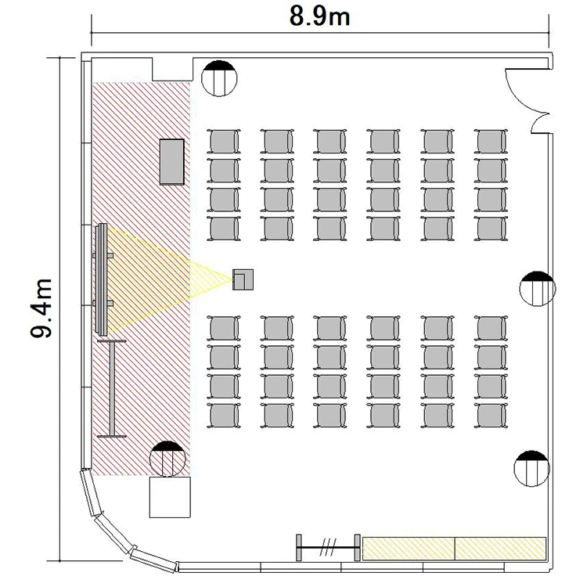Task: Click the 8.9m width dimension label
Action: pos(319,17)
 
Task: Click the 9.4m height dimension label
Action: pos(41,308)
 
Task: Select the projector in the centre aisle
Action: pos(243,279)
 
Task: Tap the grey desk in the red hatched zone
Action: pos(172,162)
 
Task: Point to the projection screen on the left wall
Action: pos(102,279)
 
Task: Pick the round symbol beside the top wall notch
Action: pos(219,78)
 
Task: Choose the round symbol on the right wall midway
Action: pos(538,289)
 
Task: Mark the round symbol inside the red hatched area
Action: pos(167,459)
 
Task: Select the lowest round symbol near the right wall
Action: pos(532,468)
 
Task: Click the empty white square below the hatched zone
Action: pos(170,497)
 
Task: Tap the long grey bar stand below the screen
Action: pos(112,388)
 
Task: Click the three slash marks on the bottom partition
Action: pos(329,547)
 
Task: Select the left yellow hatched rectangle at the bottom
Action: pos(409,549)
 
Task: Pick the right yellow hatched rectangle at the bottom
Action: pos(501,549)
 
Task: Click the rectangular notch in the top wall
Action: pos(173,69)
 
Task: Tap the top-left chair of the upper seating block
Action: pos(224,141)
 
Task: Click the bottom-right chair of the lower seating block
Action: pos(491,415)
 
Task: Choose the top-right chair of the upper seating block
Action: pos(491,141)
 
